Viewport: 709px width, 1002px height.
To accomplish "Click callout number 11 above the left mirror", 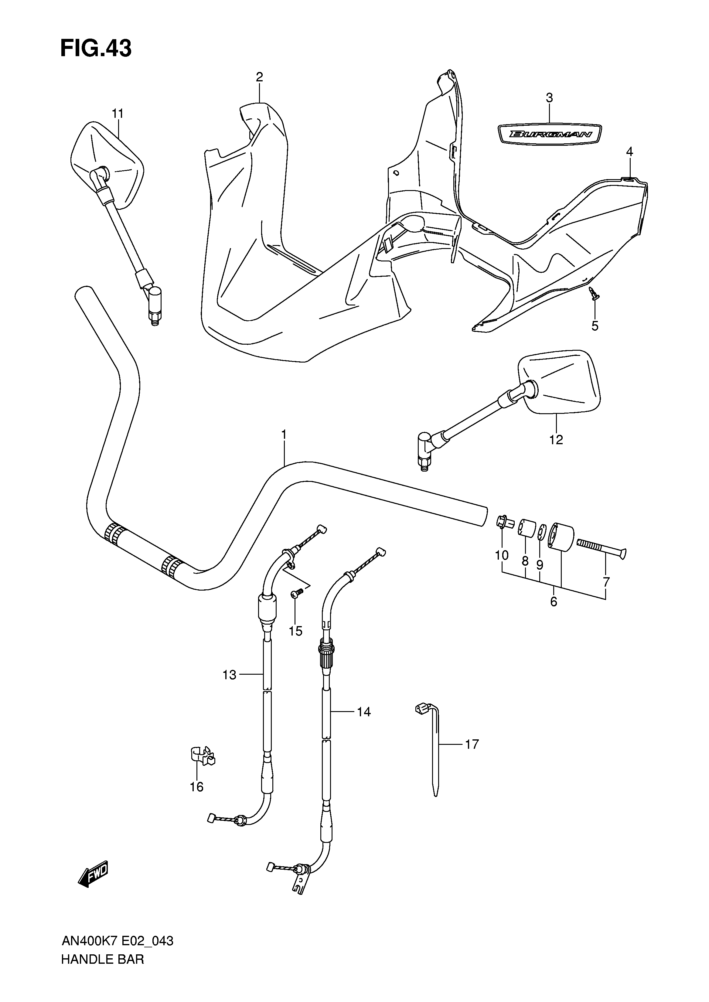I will coord(118,114).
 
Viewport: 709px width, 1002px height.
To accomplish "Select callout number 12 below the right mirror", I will coord(556,439).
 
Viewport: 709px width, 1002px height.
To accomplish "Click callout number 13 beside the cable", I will coord(229,675).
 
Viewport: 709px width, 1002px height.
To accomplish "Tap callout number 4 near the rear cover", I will coord(629,152).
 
